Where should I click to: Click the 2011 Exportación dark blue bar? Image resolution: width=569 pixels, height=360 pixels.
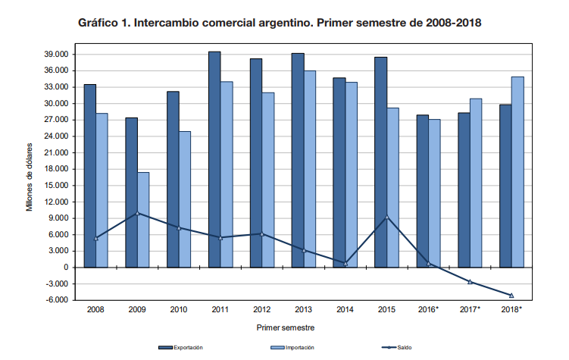click(214, 159)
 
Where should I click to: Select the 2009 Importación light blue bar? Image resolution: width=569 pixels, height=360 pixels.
click(143, 220)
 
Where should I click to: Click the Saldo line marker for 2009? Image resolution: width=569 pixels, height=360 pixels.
click(137, 213)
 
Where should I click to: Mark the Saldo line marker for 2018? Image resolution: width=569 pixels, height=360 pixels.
click(511, 296)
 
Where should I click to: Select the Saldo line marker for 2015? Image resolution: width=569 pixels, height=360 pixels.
click(387, 218)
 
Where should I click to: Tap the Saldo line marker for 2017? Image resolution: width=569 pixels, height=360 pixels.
click(470, 282)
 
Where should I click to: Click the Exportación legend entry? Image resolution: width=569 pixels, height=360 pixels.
click(180, 347)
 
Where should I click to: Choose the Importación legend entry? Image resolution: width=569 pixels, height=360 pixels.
click(292, 347)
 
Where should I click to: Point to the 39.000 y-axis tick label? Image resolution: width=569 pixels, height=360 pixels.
click(58, 55)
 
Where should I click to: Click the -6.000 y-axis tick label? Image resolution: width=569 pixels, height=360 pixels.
click(58, 300)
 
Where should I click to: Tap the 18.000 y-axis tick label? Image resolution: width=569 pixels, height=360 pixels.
click(58, 169)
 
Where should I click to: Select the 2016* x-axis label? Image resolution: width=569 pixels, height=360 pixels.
click(428, 310)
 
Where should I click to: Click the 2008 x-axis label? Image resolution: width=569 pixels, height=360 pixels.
click(95, 310)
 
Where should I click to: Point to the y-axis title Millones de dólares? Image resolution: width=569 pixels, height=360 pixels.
click(30, 177)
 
